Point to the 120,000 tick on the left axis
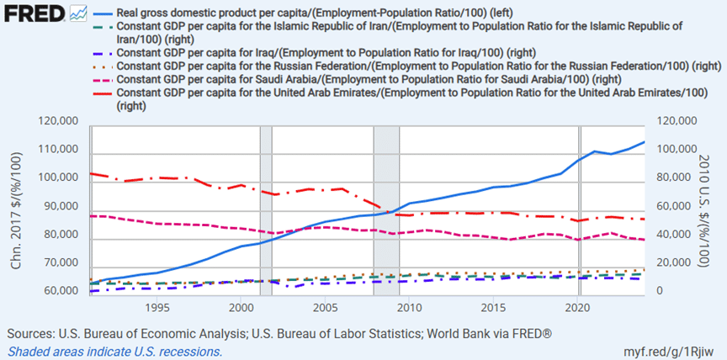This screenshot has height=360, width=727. pos(59,122)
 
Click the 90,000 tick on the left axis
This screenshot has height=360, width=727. pos(59,207)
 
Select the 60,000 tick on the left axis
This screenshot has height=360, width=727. pos(59,292)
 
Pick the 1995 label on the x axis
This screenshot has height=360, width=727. pos(155,308)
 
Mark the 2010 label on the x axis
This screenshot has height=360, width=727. pos(409,308)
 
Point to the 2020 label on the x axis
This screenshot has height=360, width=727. pos(578,308)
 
